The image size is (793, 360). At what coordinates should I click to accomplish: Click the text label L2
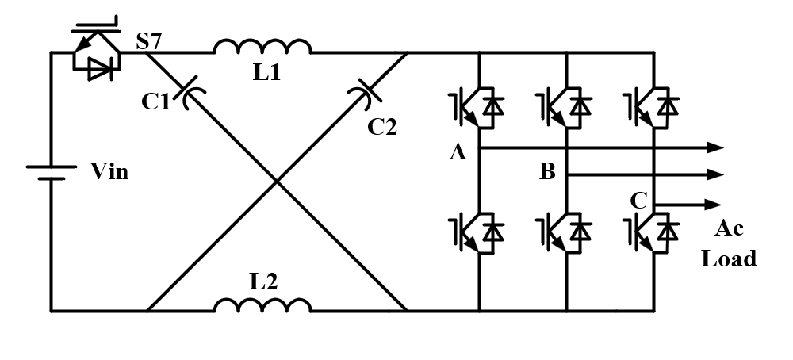point(266,280)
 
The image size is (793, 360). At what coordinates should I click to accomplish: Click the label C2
point(381,125)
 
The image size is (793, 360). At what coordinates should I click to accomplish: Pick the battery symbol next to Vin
point(51,172)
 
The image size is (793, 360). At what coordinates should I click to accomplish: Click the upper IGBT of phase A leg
point(475,105)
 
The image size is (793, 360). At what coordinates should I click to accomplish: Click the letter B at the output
point(547,172)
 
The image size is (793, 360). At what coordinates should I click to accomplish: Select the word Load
point(729,259)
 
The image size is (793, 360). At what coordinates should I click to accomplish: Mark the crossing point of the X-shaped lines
point(277,182)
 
